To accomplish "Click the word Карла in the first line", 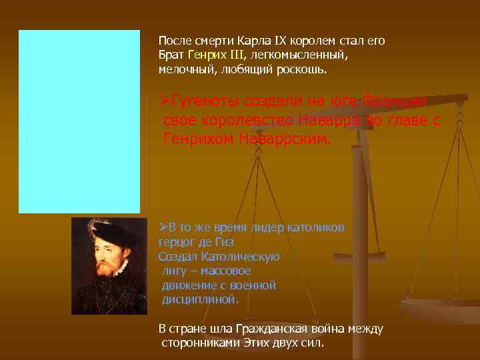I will pyautogui.click(x=251, y=40).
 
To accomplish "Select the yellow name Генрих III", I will pyautogui.click(x=217, y=55).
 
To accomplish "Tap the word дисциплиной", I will pyautogui.click(x=200, y=299).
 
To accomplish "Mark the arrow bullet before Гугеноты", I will pyautogui.click(x=165, y=101).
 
